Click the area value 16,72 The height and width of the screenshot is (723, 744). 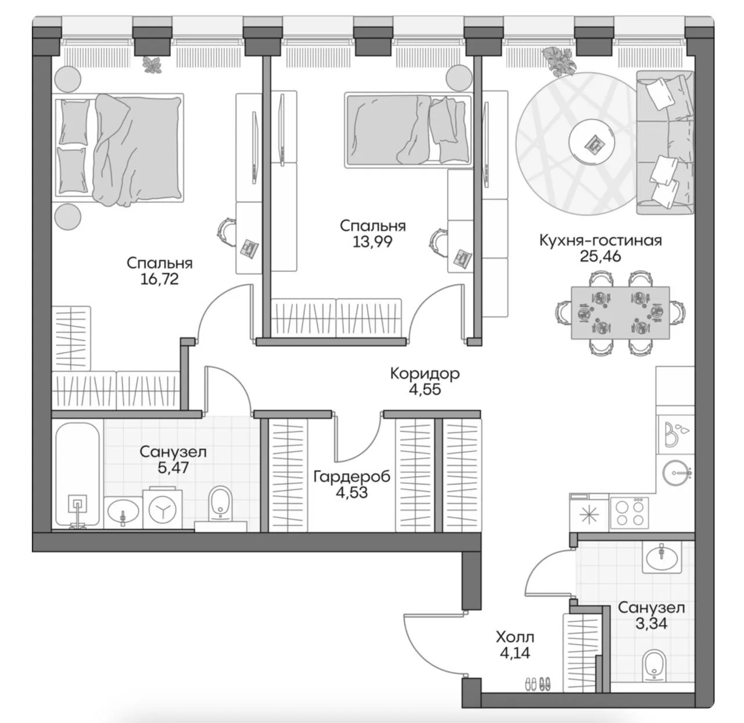159,280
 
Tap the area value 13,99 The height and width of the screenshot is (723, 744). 373,242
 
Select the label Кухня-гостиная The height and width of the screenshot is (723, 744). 600,241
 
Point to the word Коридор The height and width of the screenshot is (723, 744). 425,374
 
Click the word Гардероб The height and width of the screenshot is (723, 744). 352,477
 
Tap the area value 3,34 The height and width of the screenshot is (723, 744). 651,624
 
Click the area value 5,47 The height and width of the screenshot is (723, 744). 173,468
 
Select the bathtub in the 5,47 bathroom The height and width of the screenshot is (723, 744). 78,475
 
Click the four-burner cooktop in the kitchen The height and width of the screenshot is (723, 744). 629,513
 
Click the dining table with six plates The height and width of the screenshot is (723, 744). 620,313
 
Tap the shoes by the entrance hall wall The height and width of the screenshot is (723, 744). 538,685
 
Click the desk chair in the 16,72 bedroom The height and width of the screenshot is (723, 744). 226,231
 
